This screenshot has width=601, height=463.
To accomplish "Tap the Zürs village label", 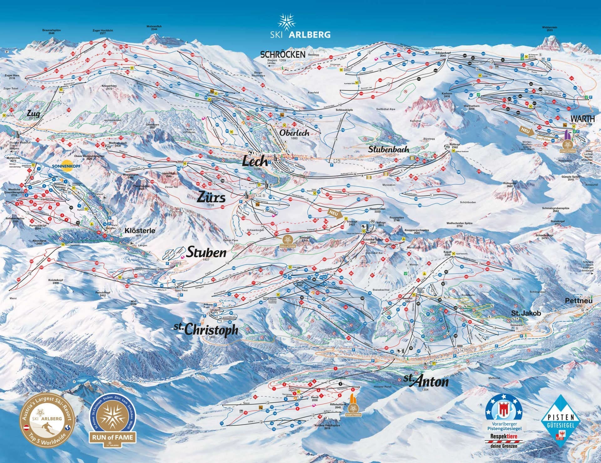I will [211, 198].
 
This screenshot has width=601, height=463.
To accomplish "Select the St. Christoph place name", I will [206, 330].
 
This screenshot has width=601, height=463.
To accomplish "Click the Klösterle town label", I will [140, 231].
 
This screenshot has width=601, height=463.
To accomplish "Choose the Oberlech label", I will [294, 133].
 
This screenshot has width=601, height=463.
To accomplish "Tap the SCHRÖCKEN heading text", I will [283, 54].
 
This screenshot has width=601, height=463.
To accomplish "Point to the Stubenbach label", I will [388, 149].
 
